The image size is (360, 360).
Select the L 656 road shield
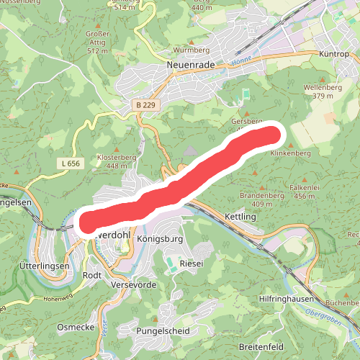tap(71, 163)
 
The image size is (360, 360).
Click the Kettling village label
tap(240, 217)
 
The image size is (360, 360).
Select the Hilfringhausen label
tap(287, 298)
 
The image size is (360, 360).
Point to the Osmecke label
tap(75, 327)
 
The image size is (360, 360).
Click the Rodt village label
tap(92, 275)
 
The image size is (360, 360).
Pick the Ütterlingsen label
tap(42, 266)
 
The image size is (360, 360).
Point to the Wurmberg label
tap(191, 51)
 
